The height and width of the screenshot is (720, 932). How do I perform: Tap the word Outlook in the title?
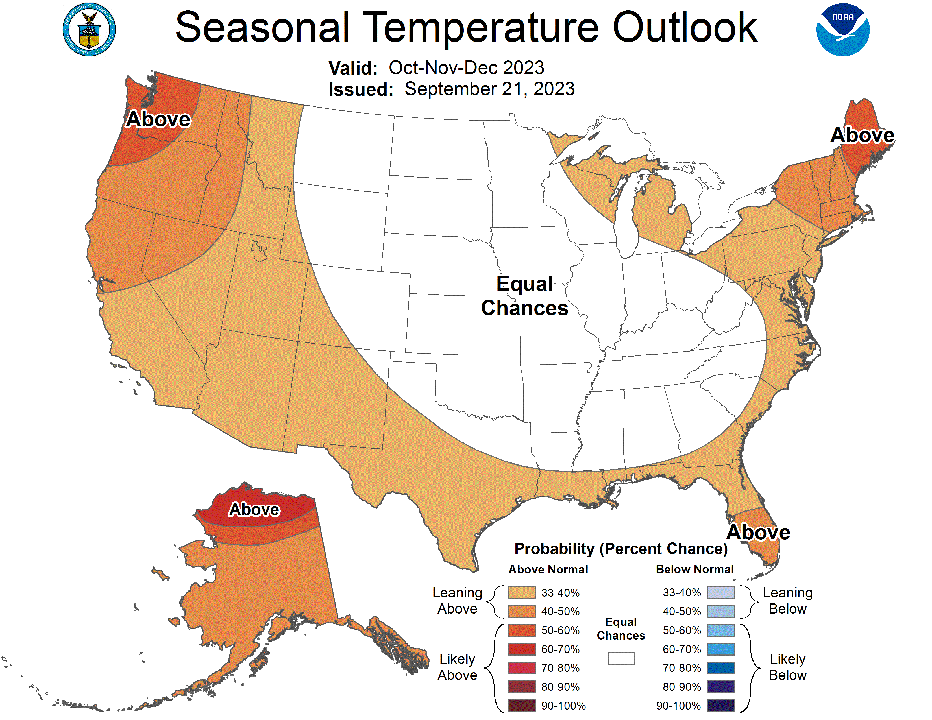coord(685,27)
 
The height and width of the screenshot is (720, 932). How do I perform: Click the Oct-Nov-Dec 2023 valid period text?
coord(466,68)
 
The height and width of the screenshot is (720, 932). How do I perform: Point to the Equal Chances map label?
coord(524,296)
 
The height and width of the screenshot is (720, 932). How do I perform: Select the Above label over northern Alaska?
coord(254,509)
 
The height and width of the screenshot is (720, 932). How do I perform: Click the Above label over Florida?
coord(758,532)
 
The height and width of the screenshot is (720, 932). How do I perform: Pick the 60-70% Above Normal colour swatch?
coord(521,649)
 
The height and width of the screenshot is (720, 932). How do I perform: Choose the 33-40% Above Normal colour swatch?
coord(521,592)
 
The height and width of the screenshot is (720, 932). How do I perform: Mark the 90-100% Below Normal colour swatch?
coord(721,706)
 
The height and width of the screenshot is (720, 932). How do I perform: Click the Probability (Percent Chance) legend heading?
coord(621,549)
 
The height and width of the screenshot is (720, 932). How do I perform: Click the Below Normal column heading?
coord(694,569)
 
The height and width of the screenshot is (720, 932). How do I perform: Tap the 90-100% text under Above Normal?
coord(563,706)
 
